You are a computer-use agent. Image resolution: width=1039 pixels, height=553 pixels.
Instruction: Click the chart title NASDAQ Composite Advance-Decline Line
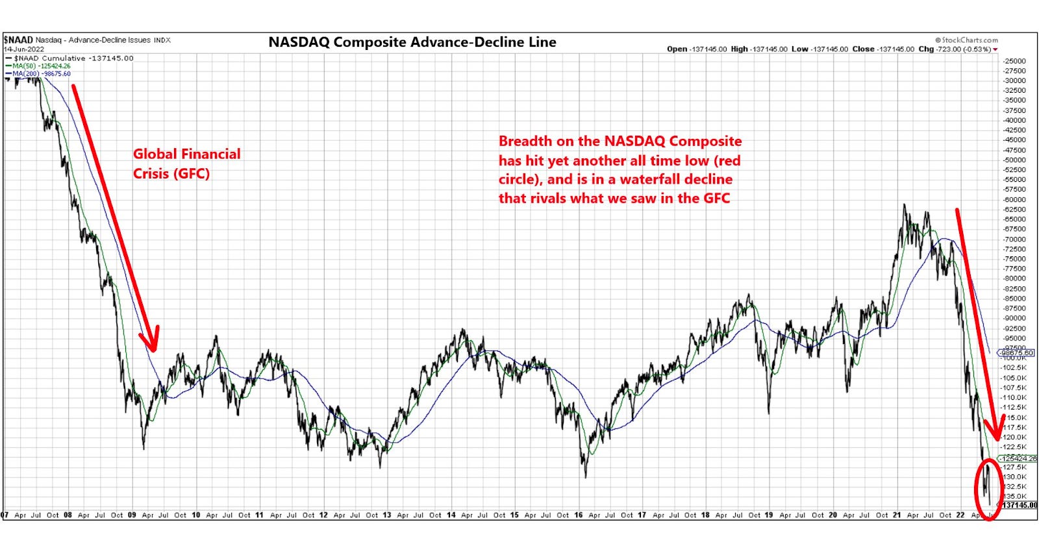[x=412, y=42]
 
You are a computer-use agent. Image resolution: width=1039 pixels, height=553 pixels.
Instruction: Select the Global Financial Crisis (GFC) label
[x=186, y=164]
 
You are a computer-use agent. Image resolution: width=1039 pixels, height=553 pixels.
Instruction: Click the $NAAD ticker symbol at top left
[x=18, y=40]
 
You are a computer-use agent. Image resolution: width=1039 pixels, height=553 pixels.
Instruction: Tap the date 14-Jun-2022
[x=24, y=49]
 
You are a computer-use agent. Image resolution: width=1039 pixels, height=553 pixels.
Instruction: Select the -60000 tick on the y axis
[x=1015, y=200]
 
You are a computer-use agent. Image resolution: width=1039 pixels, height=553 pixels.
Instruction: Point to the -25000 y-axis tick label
[x=1015, y=61]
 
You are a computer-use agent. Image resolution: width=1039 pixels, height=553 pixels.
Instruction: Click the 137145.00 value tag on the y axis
[x=1018, y=505]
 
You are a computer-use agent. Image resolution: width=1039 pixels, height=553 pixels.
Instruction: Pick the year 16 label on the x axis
[x=578, y=515]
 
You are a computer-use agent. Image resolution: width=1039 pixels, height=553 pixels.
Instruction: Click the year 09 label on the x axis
[x=132, y=515]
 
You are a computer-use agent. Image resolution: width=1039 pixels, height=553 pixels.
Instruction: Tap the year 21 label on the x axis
[x=896, y=515]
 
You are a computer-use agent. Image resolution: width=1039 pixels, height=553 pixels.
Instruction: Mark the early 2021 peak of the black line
[x=904, y=206]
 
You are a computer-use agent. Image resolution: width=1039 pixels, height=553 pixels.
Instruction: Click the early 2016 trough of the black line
[x=585, y=476]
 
